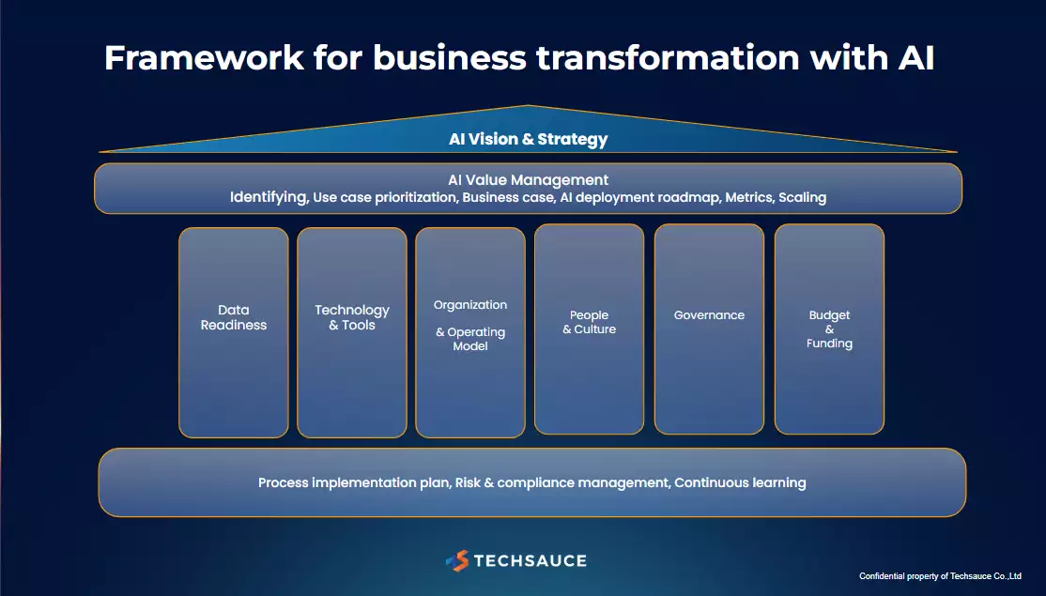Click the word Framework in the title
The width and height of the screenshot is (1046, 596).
[x=204, y=57]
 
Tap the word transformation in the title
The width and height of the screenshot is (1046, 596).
[x=668, y=57]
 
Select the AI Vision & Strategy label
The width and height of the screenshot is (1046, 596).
[x=529, y=139]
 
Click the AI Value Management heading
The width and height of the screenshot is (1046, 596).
[x=529, y=180]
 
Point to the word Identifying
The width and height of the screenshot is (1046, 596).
[x=269, y=197]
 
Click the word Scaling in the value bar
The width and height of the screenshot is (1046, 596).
[x=803, y=197]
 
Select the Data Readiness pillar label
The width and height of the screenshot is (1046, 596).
[x=234, y=317]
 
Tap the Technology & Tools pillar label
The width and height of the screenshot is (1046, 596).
[x=352, y=317]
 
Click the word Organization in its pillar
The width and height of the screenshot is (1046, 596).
[x=470, y=305]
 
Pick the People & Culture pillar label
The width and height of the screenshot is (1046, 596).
[x=589, y=322]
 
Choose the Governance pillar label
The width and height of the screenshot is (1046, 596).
[x=709, y=315]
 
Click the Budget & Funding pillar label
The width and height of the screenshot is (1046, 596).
[x=829, y=329]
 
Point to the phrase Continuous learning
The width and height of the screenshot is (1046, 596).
[x=741, y=482]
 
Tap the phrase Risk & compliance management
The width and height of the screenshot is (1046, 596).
[x=562, y=482]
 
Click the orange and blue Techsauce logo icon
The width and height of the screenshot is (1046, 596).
[x=457, y=560]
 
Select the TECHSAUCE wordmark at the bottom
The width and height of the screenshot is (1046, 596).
[x=531, y=560]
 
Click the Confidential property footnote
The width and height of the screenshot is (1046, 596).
[x=940, y=576]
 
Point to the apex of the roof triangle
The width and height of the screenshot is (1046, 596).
[x=529, y=105]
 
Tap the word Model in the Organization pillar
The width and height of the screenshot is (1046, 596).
[x=470, y=346]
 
